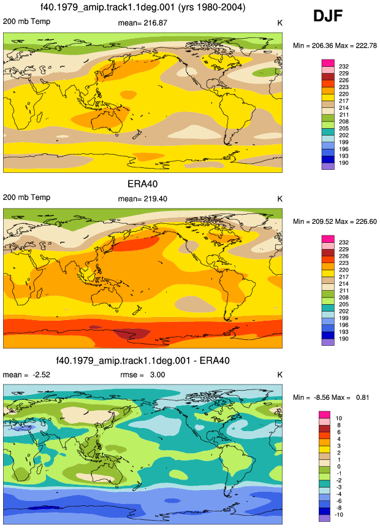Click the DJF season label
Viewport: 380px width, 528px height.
328,16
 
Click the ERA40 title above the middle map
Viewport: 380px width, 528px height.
142,184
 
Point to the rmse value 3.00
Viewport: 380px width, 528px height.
158,375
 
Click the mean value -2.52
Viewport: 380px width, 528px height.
41,375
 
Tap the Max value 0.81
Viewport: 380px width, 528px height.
362,397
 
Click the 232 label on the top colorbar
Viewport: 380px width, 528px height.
344,67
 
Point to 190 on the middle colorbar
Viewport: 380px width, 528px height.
344,339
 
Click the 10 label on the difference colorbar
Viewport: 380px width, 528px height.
338,418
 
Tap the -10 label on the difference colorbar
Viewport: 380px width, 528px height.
340,515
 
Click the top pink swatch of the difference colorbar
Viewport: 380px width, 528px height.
325,415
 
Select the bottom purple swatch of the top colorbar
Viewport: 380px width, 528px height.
328,166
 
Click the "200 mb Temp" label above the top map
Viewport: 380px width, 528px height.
26,21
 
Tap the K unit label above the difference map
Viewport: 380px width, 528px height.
279,375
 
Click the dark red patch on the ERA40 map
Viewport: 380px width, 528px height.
132,334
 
